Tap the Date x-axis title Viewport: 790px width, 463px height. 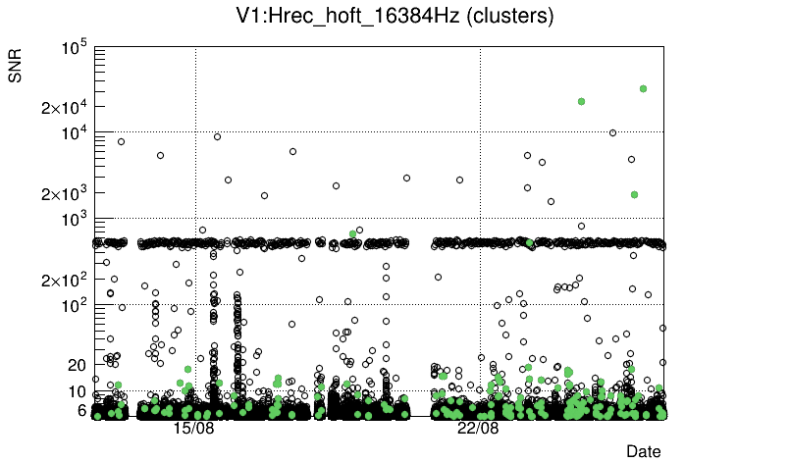pyautogui.click(x=644, y=451)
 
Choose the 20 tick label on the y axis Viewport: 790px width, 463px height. pyautogui.click(x=78, y=365)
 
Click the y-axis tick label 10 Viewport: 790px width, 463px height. pyautogui.click(x=78, y=392)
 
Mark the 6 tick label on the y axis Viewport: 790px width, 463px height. pyautogui.click(x=82, y=411)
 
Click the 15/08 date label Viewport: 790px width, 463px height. pyautogui.click(x=194, y=429)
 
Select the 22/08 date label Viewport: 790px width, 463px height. pyautogui.click(x=478, y=429)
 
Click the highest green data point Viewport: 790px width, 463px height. pyautogui.click(x=643, y=88)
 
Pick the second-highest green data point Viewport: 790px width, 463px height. pyautogui.click(x=582, y=101)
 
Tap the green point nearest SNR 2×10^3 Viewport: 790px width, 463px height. pyautogui.click(x=634, y=194)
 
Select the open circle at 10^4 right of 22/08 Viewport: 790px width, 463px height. pyautogui.click(x=612, y=132)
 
